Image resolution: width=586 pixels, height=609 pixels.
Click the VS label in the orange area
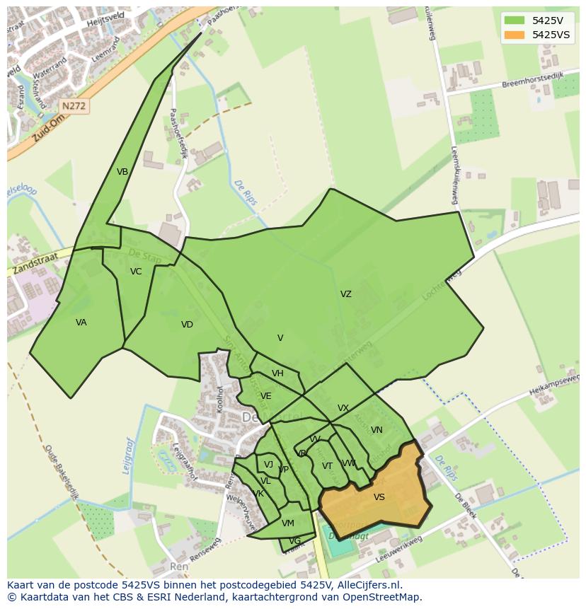coord(379,497)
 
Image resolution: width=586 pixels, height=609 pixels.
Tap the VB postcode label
coord(122,172)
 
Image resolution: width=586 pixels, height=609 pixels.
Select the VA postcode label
coord(81,323)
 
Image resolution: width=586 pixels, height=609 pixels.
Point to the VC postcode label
coord(136,272)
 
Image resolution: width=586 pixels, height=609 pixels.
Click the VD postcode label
coord(187,325)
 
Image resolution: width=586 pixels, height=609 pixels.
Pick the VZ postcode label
coord(345,294)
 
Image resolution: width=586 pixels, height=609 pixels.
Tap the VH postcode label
coord(277,373)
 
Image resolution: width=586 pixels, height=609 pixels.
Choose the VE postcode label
coord(265,396)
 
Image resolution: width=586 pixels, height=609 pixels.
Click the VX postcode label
coord(343,408)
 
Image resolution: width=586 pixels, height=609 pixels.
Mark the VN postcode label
coord(377,430)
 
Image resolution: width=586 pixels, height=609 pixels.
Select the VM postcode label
coord(287,523)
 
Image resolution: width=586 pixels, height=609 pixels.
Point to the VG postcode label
coord(294,541)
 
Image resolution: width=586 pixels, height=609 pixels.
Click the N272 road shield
coord(74,106)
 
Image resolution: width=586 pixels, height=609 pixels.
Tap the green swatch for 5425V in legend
coord(515,20)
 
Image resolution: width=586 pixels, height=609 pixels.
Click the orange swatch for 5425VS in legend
coord(515,35)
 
